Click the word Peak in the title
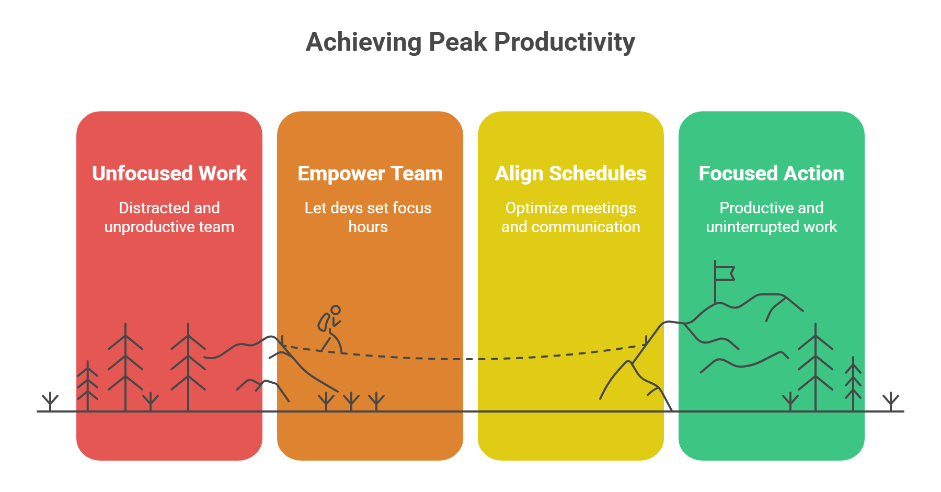[x=458, y=42]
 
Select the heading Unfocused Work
[x=169, y=173]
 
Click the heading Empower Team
[x=370, y=173]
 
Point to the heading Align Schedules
[x=570, y=173]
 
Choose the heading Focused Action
[x=771, y=173]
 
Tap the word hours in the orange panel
[x=368, y=227]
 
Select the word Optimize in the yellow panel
[x=533, y=208]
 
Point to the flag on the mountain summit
[x=725, y=273]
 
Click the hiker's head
[x=336, y=310]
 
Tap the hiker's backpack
[x=324, y=322]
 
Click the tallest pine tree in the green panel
[x=815, y=366]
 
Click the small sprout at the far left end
[x=50, y=401]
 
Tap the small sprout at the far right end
[x=891, y=402]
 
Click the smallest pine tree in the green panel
[x=853, y=384]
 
